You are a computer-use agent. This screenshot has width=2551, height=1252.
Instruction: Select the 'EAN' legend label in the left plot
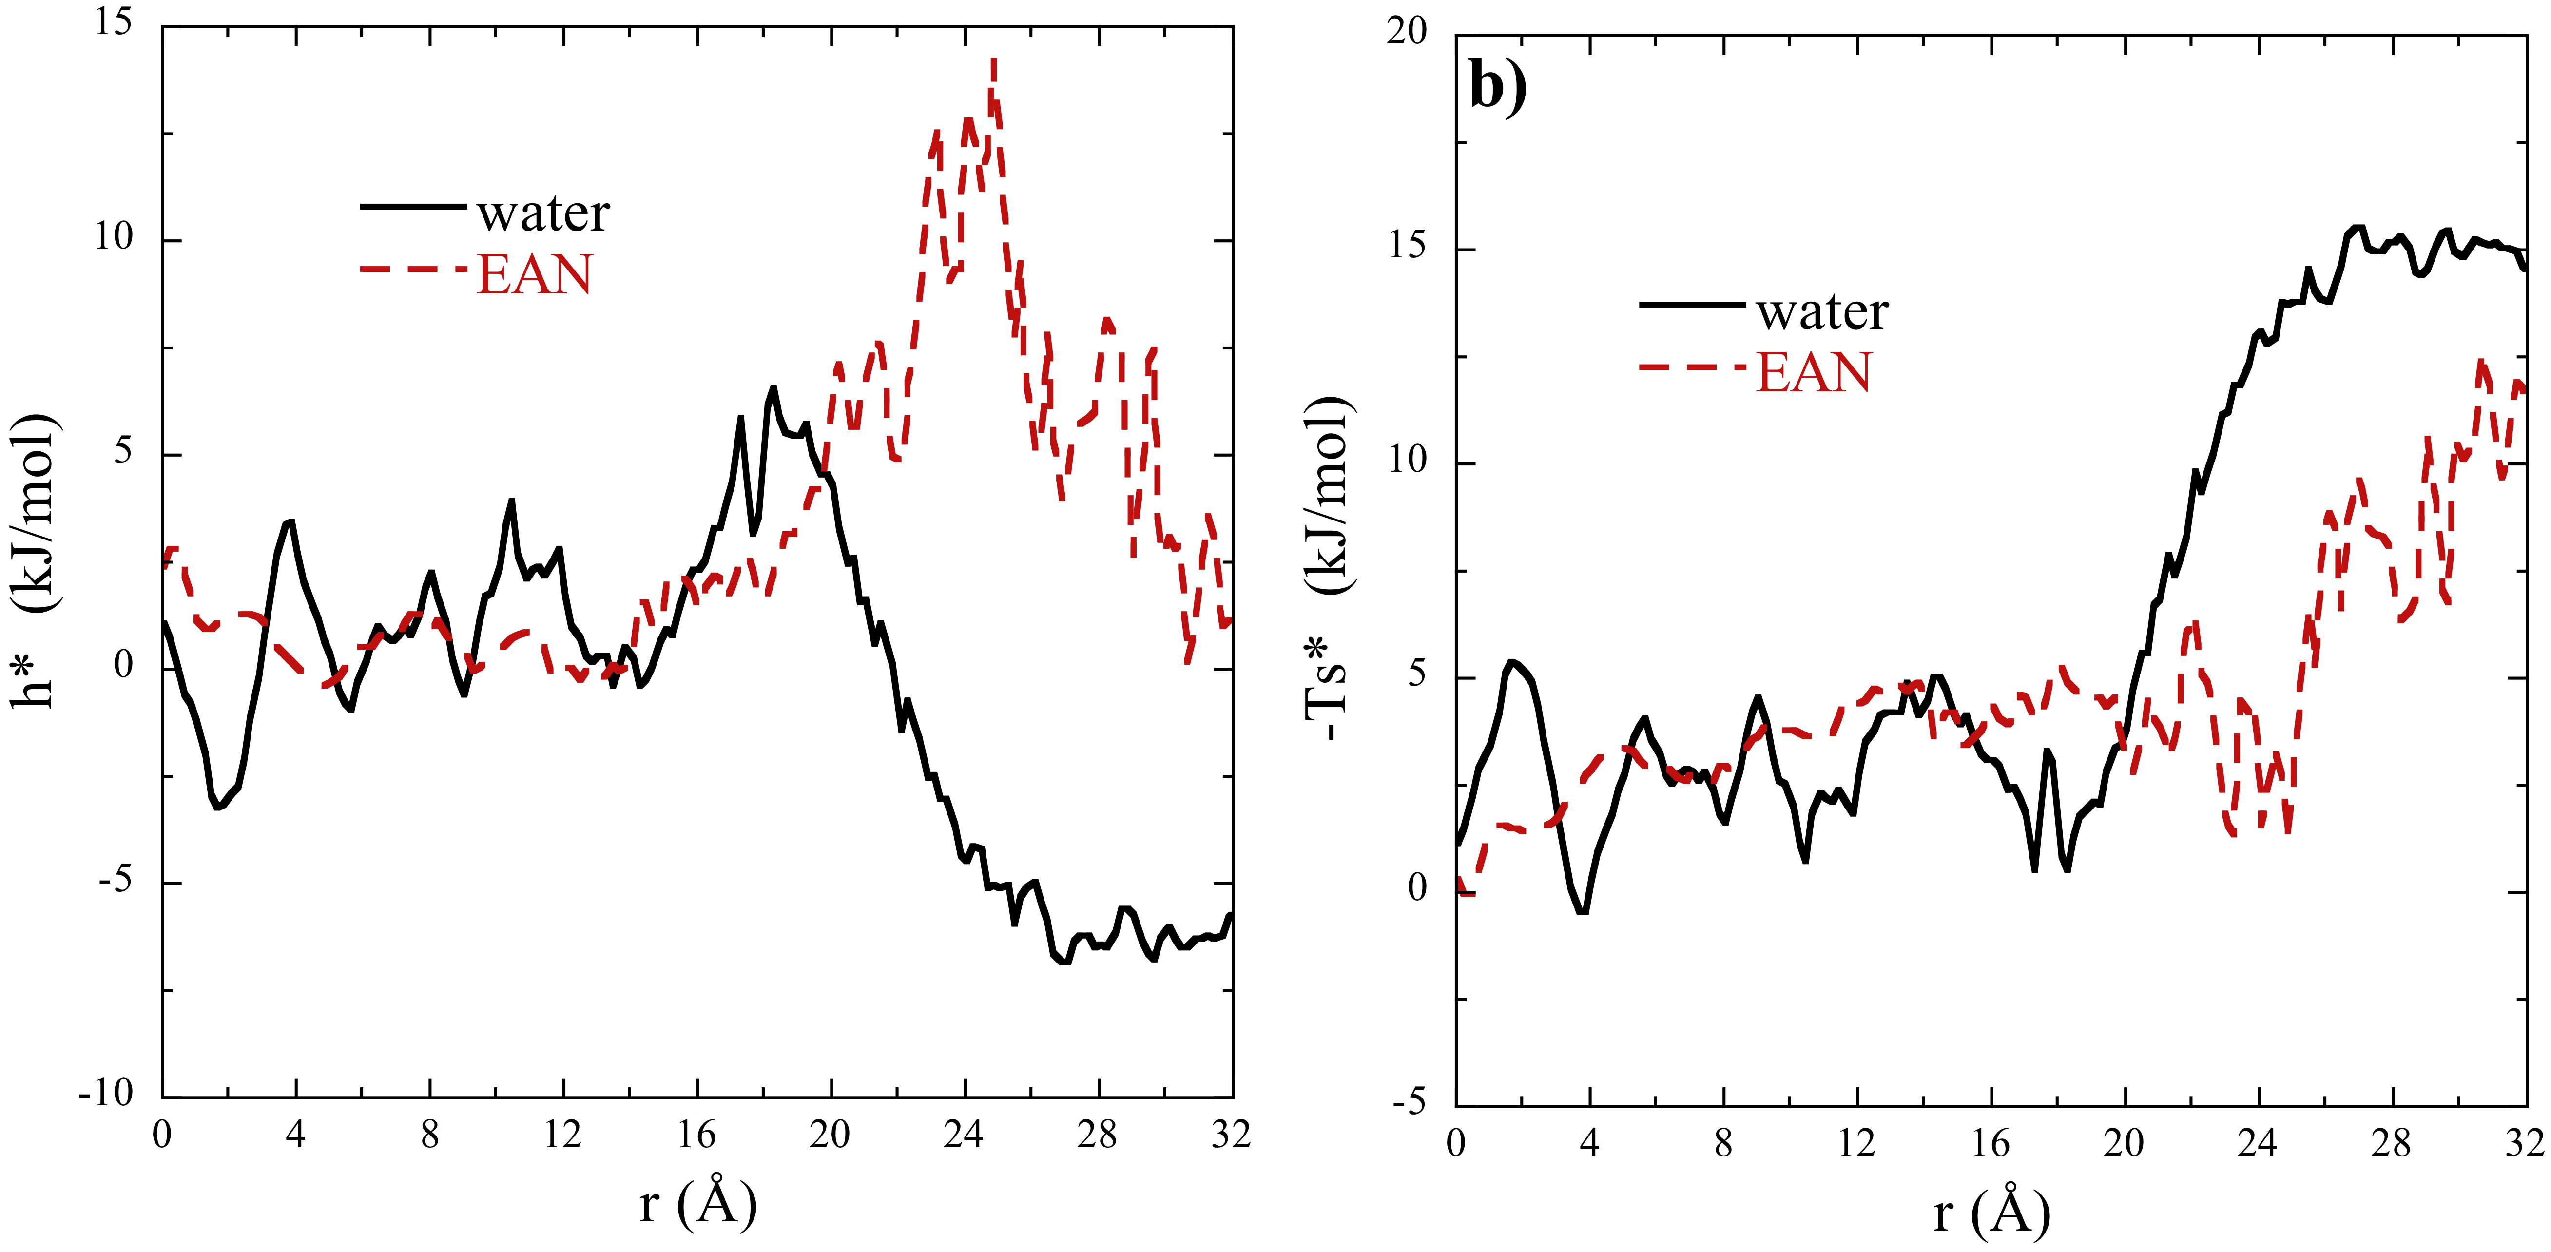coord(535,274)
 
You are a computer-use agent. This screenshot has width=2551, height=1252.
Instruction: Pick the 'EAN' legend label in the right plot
coord(1814,373)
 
